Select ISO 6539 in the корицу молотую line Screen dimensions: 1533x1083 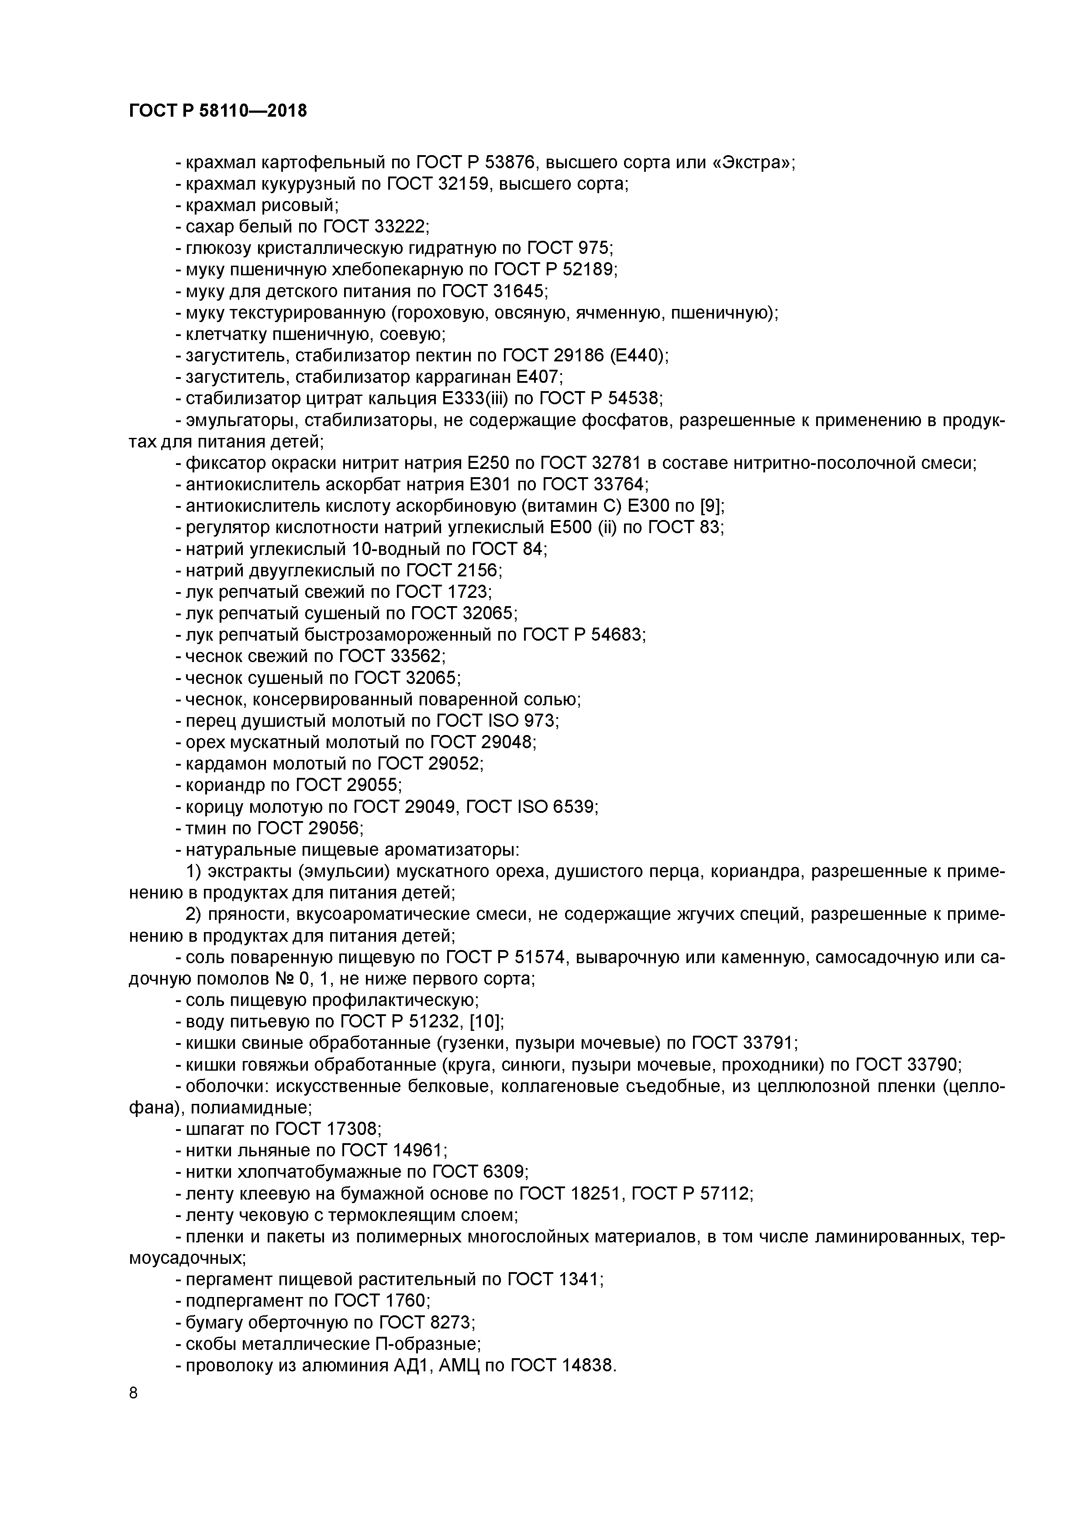tap(557, 807)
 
